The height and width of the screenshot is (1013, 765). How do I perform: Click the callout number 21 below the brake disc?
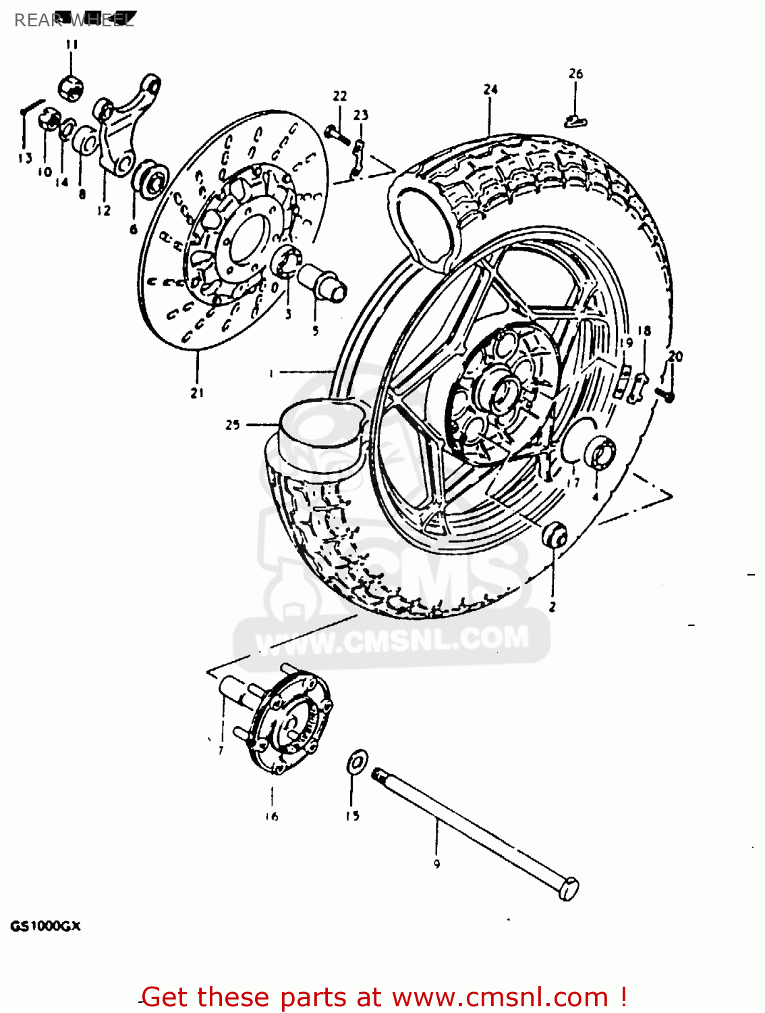[x=197, y=393]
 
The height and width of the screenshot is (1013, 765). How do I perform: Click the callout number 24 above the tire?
[x=490, y=90]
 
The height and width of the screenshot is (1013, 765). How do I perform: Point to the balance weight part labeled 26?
[x=575, y=122]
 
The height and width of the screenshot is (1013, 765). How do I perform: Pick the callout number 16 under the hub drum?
[x=271, y=816]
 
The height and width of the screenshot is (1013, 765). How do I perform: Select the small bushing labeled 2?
[x=555, y=536]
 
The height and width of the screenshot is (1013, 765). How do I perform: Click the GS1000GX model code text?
[x=45, y=927]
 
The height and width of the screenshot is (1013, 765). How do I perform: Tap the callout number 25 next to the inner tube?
[x=233, y=425]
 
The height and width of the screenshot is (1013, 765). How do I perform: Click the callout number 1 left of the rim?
[x=271, y=372]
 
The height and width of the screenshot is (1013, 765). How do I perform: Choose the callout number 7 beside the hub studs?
[x=221, y=750]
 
